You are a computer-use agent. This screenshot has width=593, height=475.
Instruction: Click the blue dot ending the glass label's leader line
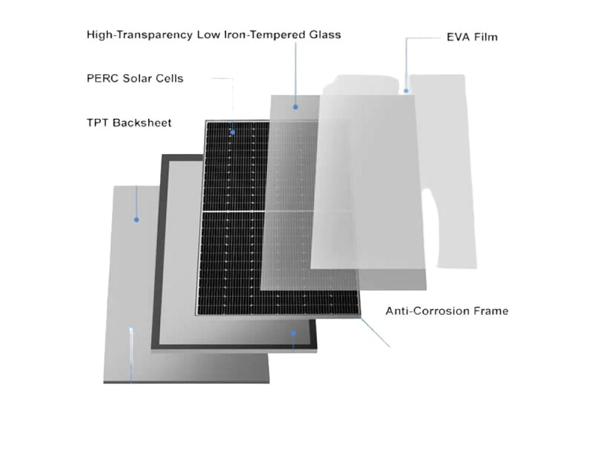click(x=295, y=107)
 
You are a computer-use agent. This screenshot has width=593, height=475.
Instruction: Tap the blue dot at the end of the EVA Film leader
click(x=406, y=91)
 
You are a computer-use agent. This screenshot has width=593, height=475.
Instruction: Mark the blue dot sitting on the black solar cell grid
click(x=232, y=132)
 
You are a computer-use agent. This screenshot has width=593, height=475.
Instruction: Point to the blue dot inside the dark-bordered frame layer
click(x=293, y=333)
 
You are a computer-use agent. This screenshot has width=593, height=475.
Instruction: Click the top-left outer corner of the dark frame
click(x=162, y=154)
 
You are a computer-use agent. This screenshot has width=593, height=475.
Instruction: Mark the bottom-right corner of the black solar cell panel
click(x=360, y=315)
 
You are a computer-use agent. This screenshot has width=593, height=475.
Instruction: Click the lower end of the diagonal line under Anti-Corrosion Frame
click(x=390, y=347)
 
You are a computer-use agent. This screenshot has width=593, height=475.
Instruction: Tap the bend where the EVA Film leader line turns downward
click(x=407, y=38)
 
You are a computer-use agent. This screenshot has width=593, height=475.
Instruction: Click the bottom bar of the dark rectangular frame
click(x=234, y=347)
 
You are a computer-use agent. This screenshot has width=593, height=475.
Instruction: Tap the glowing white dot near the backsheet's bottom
click(x=131, y=330)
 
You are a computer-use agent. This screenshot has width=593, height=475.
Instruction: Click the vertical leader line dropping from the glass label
click(x=295, y=74)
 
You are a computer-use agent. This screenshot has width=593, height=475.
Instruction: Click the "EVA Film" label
click(x=472, y=37)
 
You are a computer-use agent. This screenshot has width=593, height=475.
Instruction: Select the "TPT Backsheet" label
click(x=129, y=123)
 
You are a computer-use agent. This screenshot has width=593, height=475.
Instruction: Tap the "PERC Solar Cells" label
click(x=135, y=78)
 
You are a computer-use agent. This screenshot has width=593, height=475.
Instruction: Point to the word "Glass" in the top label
click(x=325, y=34)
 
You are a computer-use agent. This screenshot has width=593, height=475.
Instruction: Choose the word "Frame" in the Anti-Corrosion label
click(x=491, y=311)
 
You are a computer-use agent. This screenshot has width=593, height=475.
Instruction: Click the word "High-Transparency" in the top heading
click(x=139, y=35)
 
